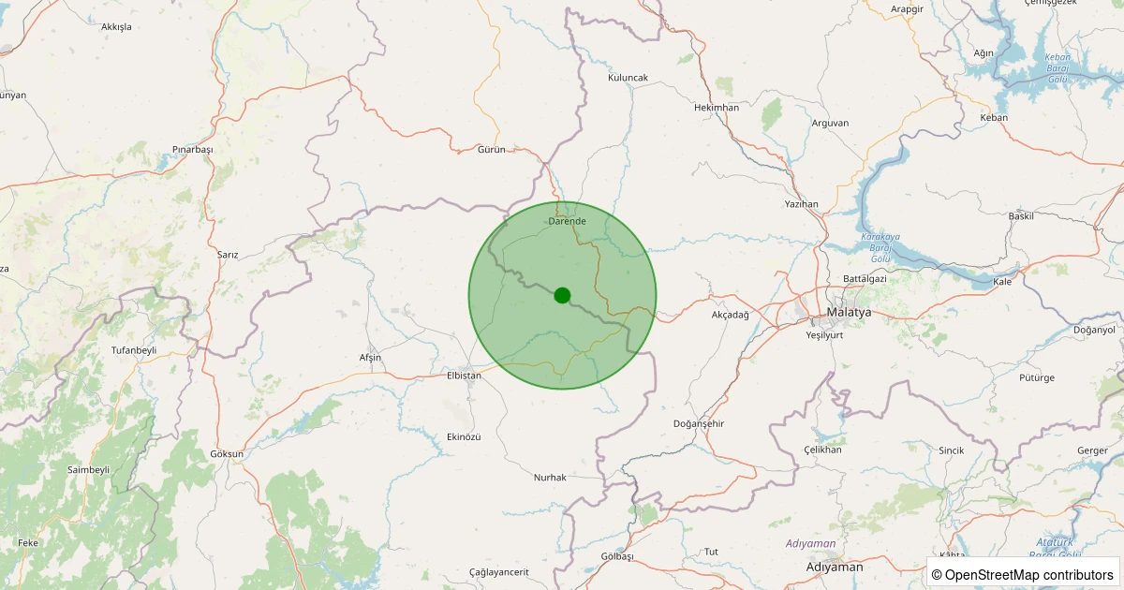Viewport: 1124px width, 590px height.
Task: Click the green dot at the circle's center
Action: pos(562,295)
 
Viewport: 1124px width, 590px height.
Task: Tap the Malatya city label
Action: pos(849,312)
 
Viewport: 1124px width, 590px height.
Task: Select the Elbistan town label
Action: pos(464,376)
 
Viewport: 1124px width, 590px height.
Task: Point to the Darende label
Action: pos(567,221)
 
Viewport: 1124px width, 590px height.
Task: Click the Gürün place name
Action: pos(491,150)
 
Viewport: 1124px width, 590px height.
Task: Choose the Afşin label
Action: pos(370,358)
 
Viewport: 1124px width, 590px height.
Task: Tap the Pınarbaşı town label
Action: pos(193,150)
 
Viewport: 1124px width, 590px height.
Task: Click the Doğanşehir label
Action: pos(699,424)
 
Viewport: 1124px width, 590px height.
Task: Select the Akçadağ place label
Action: pos(731,315)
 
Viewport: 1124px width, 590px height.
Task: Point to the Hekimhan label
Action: pos(717,108)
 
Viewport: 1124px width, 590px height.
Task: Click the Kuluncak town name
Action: pos(628,78)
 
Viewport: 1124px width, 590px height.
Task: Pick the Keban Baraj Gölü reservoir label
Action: pos(1057,67)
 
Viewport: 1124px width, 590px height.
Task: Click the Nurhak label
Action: pos(550,478)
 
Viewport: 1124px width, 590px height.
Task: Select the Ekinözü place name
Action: pos(464,437)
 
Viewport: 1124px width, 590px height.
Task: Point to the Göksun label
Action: pos(227,454)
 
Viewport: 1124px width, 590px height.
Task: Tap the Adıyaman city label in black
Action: pos(834,568)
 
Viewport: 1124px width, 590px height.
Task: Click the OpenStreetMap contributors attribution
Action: pos(1023,575)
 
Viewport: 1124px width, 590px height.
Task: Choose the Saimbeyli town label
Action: pos(89,469)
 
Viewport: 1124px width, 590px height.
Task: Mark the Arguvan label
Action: pos(830,123)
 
